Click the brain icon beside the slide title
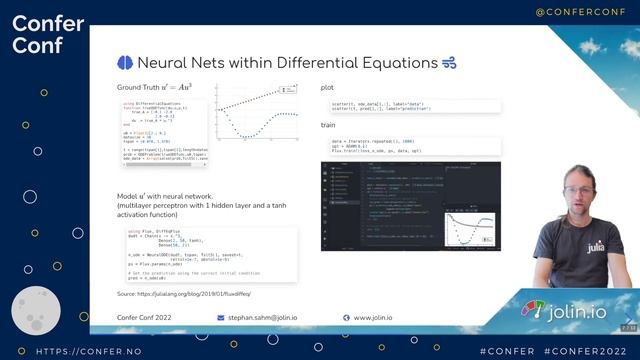coord(125,62)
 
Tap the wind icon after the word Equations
coord(449,62)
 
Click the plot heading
coord(327,88)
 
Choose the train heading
coord(328,125)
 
